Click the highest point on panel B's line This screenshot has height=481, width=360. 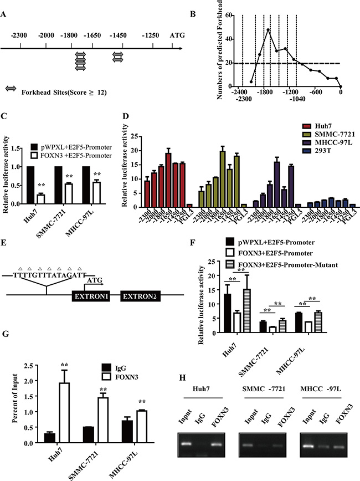pyautogui.click(x=268, y=30)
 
